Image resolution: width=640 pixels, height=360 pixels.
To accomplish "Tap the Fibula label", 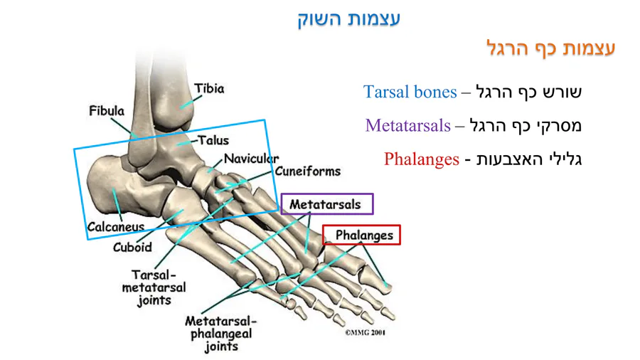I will point(107,111).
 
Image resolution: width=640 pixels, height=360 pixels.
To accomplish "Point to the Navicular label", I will point(251,159).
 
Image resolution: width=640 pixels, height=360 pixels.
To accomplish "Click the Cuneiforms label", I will point(308,171).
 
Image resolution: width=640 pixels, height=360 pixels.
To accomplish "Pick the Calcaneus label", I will point(115,227).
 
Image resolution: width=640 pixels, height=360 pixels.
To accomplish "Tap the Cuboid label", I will point(132,248).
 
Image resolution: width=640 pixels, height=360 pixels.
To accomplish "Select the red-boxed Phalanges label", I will point(363,235).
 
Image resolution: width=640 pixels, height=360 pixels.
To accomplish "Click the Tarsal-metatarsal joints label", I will point(154,287).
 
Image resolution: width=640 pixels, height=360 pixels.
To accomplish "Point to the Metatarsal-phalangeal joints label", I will point(220,334).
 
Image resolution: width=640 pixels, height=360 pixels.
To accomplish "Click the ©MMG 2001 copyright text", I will point(365,332).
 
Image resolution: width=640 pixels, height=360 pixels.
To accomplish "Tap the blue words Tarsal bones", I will point(410,92).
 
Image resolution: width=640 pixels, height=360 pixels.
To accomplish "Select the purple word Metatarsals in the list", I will point(408,126).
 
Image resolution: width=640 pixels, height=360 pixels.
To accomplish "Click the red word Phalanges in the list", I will point(421,159).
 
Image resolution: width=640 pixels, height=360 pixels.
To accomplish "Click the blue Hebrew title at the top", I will point(348,18).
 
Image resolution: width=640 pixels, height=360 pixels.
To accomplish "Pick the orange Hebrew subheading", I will point(550,48).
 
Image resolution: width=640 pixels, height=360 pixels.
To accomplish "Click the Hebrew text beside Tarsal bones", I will point(529,92).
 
